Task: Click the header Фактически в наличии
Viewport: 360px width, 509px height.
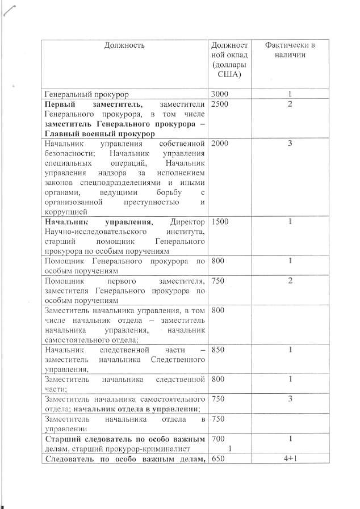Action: tap(290, 50)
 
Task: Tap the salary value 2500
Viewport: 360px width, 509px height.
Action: tap(220, 104)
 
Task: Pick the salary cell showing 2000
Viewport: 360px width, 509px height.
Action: tap(220, 144)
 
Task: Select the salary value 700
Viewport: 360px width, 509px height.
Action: tap(217, 439)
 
